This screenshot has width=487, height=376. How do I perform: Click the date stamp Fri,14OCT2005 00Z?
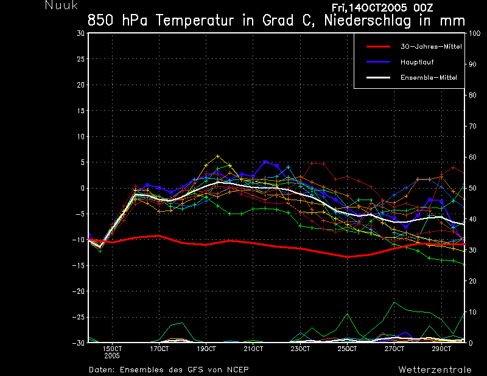382,7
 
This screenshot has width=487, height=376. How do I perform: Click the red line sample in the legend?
377,46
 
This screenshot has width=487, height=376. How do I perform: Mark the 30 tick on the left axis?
81,33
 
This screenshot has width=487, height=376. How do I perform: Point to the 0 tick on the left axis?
82,189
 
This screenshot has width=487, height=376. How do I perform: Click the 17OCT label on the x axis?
159,349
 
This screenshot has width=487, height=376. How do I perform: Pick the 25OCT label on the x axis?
347,349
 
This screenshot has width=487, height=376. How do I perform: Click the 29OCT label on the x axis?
441,349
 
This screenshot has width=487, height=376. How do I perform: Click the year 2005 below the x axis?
112,355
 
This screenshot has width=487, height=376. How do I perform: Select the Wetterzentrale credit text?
435,369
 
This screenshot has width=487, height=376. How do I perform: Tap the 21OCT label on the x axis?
253,349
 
